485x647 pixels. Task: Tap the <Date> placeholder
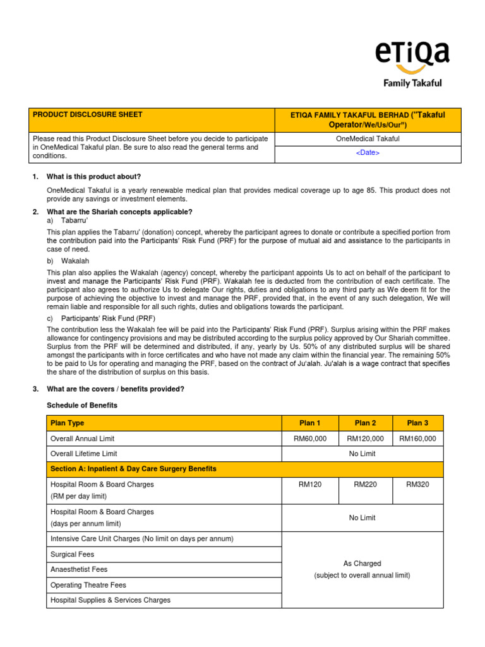368,153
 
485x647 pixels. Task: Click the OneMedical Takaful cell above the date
368,139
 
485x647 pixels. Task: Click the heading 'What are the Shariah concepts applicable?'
119,212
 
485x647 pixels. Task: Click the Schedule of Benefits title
82,405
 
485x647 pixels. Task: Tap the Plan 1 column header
309,423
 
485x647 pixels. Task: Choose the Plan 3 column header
417,423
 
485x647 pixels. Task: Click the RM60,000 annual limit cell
309,438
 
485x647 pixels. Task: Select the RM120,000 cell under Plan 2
365,438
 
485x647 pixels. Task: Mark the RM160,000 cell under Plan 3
417,438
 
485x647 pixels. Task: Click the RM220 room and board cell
365,485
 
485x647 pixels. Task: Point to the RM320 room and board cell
417,485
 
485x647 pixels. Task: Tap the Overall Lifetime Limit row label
83,454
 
